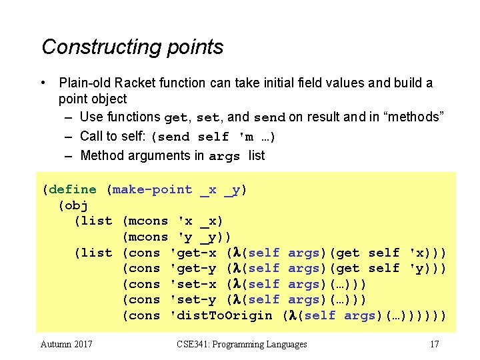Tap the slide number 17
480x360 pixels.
coord(434,344)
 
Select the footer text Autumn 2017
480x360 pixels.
coord(67,344)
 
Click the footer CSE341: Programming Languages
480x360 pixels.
coord(242,344)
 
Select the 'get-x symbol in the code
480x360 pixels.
coord(193,253)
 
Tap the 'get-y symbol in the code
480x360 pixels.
coord(193,268)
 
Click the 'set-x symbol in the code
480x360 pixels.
coord(193,284)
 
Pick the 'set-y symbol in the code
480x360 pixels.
coord(193,299)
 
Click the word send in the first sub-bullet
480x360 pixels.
coord(269,118)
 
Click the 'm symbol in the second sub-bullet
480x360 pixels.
coord(245,137)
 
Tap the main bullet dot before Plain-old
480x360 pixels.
coord(43,83)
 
